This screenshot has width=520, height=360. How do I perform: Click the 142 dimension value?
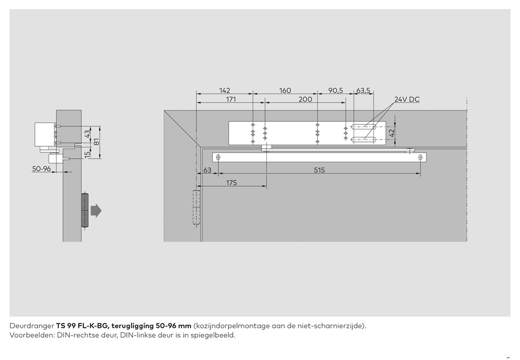[225, 91]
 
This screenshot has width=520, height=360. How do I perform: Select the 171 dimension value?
[225, 99]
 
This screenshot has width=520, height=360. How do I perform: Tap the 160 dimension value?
[285, 91]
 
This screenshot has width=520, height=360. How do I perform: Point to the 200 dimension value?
[305, 99]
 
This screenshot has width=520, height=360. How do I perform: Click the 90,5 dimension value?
[335, 91]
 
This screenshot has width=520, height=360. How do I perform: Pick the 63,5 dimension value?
[363, 91]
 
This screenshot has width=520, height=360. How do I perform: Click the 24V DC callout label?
[406, 99]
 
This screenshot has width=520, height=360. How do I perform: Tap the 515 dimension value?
[319, 170]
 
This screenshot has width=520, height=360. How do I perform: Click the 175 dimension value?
[231, 183]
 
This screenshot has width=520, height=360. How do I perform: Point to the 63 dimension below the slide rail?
[207, 170]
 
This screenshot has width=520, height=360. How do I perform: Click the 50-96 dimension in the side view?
[41, 169]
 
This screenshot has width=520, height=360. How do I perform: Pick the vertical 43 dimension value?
[87, 134]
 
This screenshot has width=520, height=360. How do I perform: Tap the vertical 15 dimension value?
[87, 153]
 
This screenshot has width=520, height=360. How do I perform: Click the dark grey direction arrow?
[96, 210]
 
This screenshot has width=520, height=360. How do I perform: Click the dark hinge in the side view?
[85, 210]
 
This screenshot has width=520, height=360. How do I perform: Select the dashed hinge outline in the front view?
[196, 208]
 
